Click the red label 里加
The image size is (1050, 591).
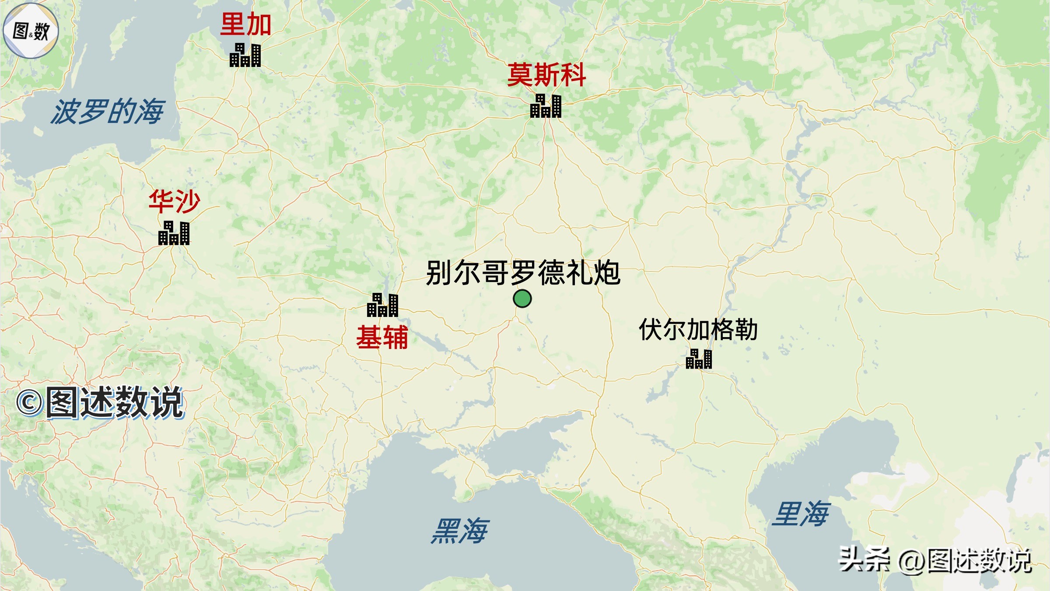tap(245, 24)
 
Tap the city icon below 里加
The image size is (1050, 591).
tap(245, 55)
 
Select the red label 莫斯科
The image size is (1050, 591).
tap(546, 75)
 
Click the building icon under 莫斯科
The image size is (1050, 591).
tap(546, 106)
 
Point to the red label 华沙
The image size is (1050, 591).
tap(174, 201)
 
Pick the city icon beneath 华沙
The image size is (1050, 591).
tap(174, 233)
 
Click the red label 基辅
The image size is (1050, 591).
tap(382, 338)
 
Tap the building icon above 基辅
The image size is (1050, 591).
tap(382, 305)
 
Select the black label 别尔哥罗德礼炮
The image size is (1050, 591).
tap(523, 273)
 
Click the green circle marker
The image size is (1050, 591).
tap(522, 299)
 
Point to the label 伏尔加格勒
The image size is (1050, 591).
tap(698, 330)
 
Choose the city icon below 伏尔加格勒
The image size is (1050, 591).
tap(699, 359)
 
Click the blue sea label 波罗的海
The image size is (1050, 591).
tap(108, 112)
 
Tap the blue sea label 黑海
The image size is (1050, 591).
tap(459, 531)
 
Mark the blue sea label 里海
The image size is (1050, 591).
tap(801, 514)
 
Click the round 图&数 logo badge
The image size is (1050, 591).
tap(31, 31)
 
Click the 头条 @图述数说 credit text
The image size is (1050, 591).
tap(934, 560)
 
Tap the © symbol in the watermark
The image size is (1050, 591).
tap(29, 403)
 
